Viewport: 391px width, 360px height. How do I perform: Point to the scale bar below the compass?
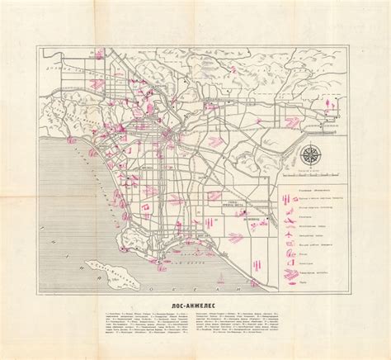pos(312,174)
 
